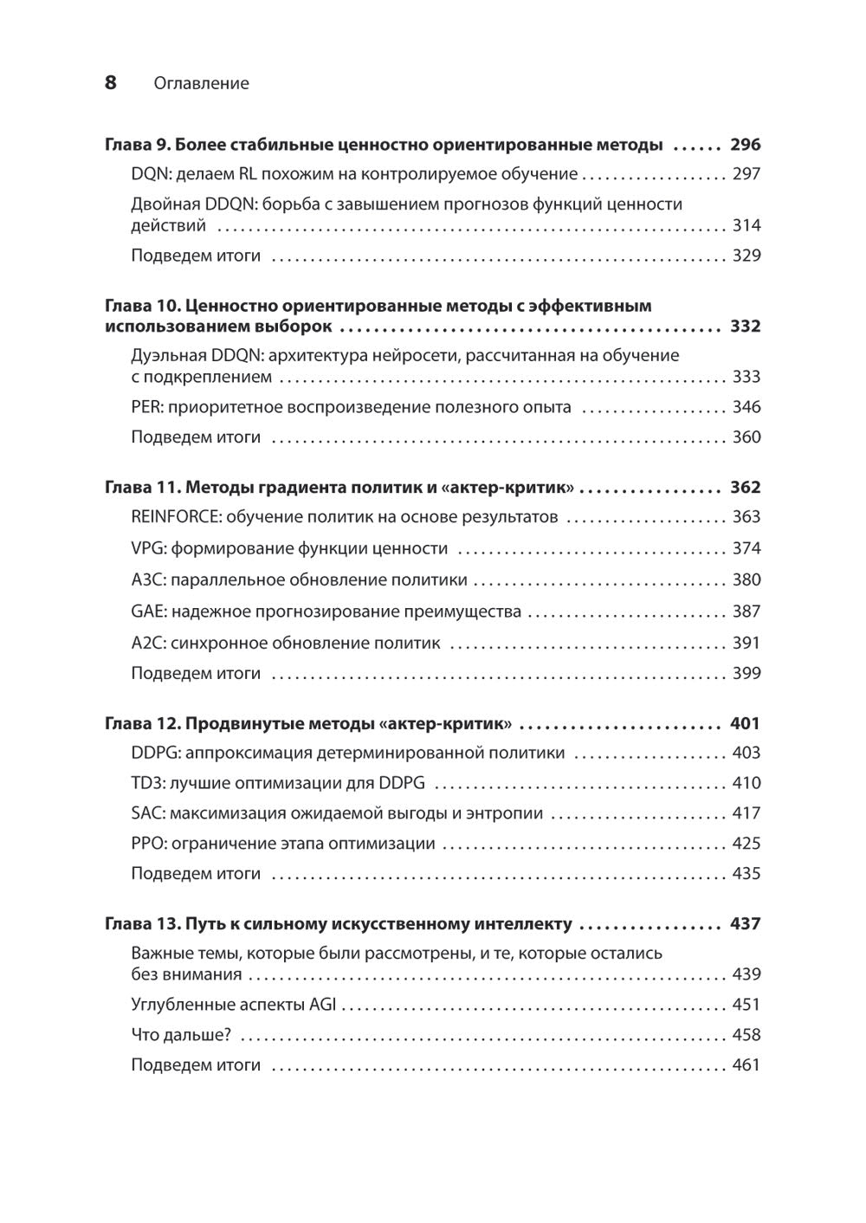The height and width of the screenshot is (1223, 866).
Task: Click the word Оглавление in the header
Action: coord(201,83)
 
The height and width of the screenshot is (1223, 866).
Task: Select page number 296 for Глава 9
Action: coord(745,145)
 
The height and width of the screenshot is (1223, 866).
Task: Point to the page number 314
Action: coord(746,226)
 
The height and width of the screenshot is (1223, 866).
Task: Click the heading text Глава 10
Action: coord(142,306)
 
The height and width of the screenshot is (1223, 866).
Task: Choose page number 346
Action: coord(746,407)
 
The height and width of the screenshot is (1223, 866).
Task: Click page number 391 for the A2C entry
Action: coord(746,644)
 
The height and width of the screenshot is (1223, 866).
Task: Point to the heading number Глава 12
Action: coord(142,724)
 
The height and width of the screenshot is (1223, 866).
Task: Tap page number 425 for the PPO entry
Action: coord(746,844)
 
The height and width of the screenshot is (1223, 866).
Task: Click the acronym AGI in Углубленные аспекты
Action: coord(324,1005)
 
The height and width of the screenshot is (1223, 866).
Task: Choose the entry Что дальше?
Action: coord(181,1035)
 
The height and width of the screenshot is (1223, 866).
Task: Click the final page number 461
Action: coord(746,1065)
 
